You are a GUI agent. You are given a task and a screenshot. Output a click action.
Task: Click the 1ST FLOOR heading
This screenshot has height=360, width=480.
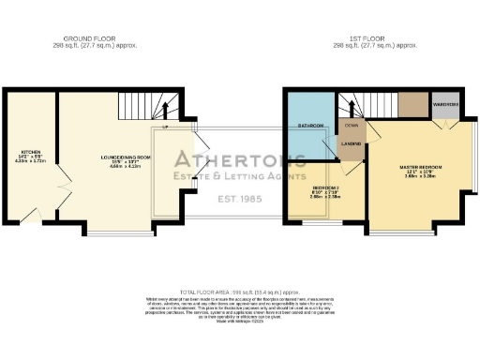click(x=374, y=39)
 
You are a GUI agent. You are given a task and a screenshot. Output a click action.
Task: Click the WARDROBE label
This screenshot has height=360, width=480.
click(x=444, y=105)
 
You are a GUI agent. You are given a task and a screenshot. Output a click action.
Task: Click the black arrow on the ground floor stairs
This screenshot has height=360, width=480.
click(x=166, y=126)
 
